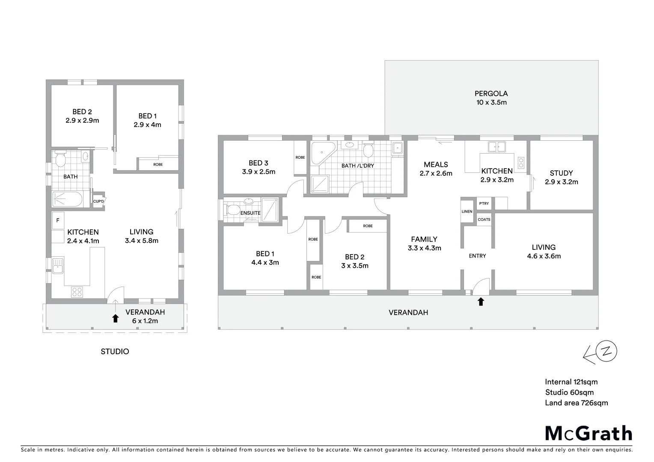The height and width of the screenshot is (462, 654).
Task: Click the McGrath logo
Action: pos(589,433)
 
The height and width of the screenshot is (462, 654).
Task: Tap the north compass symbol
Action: pos(606,352)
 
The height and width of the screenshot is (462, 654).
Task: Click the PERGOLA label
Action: pos(491,94)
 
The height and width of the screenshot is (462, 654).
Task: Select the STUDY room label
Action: pos(561,173)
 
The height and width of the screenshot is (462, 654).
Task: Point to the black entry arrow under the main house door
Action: pos(481,302)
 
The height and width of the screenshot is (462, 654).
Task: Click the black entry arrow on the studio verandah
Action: pos(115,318)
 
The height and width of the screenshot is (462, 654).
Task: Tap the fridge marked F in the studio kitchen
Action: pos(58,221)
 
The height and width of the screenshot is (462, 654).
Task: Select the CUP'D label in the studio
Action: pos(98,201)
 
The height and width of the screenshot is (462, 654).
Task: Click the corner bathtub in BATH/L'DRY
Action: pos(320,153)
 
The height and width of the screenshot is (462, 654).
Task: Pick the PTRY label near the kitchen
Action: pos(484,204)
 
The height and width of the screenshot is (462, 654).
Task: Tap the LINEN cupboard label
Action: pos(467,212)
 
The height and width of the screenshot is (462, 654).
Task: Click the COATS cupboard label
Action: pos(484,219)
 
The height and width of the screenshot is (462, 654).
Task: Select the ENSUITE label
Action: pos(250,213)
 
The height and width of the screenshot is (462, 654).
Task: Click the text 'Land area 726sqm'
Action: pos(576,403)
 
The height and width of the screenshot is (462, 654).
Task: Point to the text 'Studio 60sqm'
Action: pos(569,393)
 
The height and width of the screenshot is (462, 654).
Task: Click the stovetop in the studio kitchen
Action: pos(77,292)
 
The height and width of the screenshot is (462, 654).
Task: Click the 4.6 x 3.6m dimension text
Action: pos(544,256)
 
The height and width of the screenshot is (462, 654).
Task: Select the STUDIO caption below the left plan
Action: pos(115,352)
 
